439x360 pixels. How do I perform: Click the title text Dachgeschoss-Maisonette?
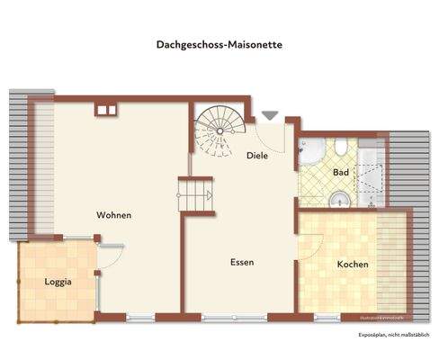219,42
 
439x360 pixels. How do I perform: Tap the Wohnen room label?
115,215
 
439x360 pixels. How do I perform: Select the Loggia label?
58,282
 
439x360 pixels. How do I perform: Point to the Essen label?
240,263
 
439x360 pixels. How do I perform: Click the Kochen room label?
352,265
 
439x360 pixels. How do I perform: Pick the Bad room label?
340,172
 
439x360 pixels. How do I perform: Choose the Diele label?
258,156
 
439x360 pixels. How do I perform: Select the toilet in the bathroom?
341,148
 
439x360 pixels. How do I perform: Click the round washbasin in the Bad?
338,199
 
